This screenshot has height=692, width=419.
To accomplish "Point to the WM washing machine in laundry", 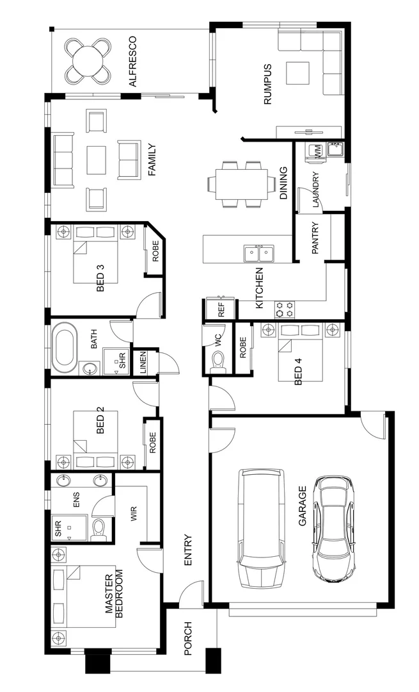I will pyautogui.click(x=315, y=151).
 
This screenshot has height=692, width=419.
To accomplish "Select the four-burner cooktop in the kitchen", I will pyautogui.click(x=285, y=309).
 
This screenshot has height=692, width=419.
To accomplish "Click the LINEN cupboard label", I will pyautogui.click(x=143, y=363).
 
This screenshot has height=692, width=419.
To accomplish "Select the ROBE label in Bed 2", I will pyautogui.click(x=152, y=441).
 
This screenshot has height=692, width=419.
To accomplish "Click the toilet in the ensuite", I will pyautogui.click(x=99, y=530).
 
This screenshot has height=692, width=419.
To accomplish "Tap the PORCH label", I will pyautogui.click(x=188, y=638).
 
